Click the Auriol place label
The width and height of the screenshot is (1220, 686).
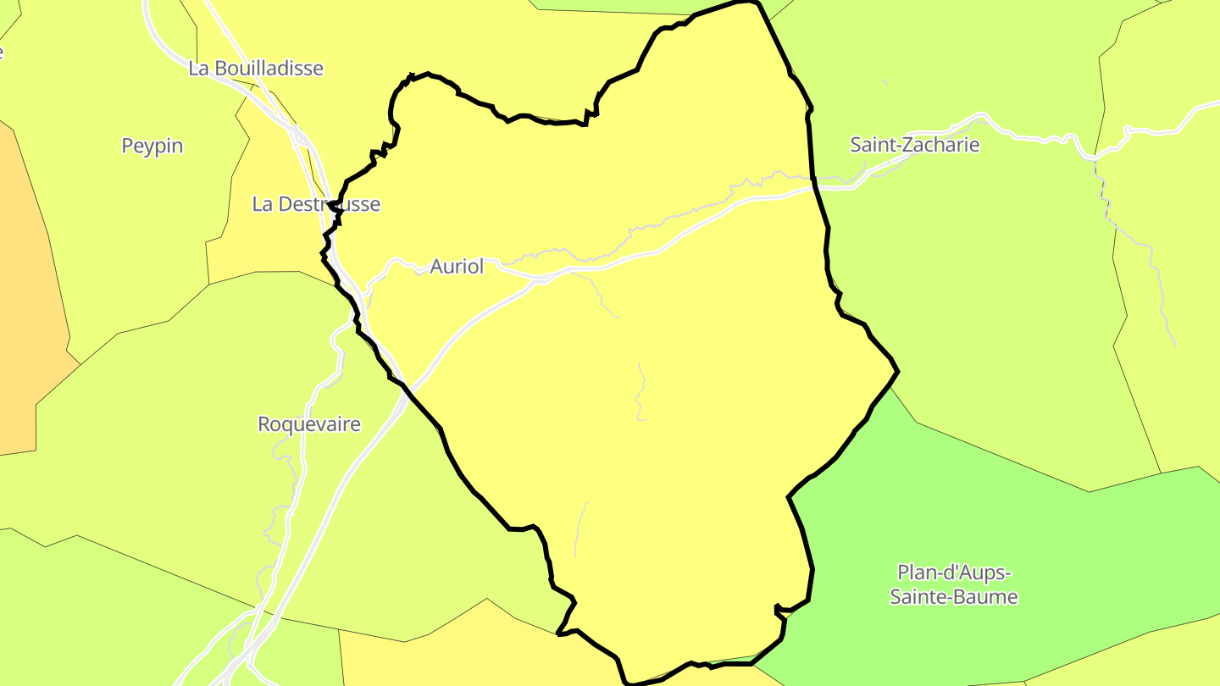point(457,266)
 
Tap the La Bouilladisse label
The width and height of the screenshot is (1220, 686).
point(256,68)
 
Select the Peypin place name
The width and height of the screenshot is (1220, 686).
point(152,146)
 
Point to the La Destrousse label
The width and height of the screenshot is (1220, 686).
point(316,204)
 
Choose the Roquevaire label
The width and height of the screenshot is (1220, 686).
point(309,424)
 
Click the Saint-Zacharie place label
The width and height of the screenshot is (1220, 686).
point(915,145)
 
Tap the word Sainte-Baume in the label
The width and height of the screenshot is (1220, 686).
point(954,597)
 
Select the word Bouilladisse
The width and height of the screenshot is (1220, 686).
point(269,68)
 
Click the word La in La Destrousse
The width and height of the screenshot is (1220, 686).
point(262,204)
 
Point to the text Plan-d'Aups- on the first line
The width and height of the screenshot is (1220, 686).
point(954,572)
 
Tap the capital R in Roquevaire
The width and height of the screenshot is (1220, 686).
point(264,424)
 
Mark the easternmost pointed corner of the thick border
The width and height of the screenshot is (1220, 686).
point(897,371)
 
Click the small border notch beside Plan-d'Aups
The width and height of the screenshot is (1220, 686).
point(778,607)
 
